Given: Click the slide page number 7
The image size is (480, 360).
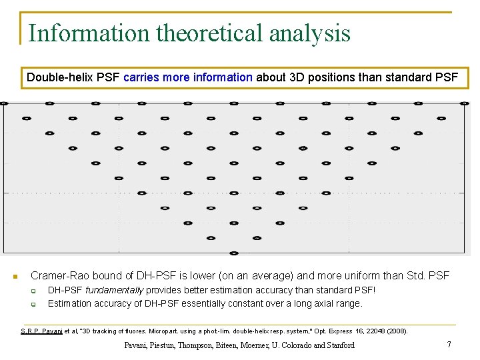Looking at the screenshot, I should pyautogui.click(x=449, y=345).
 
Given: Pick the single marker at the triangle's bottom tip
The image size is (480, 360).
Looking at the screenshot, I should pyautogui.click(x=234, y=253).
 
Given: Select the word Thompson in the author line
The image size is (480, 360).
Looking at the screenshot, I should pyautogui.click(x=202, y=345).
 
